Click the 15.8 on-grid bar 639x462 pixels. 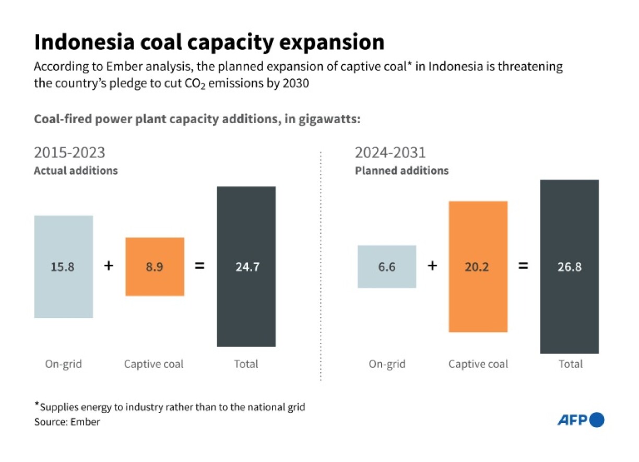pos(63,266)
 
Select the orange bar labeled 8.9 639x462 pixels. pos(155,266)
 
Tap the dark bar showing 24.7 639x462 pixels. pos(246,266)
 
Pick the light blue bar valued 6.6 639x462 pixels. pos(387,266)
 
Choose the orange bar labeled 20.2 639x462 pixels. pos(478,266)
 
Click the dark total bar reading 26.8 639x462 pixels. pos(569,266)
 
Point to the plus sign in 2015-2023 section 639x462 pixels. pos(108,266)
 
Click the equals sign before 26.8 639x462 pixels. pos(523,266)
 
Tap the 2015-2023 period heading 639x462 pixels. pos(69,153)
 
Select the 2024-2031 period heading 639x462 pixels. pos(390,153)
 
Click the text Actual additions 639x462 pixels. pos(76,171)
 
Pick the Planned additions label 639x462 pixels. pos(401,171)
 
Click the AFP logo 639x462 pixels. pos(580,420)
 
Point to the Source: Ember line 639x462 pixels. pos(67,422)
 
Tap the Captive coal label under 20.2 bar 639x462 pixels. pos(478,364)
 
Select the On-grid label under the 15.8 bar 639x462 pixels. pos(63,364)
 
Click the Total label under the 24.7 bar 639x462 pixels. pos(246,364)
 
